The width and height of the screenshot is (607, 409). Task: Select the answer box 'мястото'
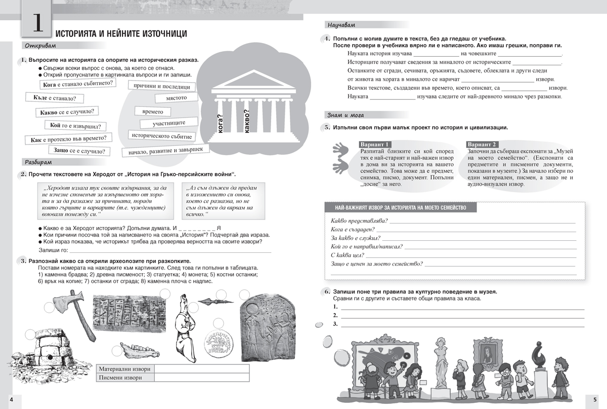pos(176,97)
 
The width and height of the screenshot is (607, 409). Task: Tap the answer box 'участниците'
pos(169,123)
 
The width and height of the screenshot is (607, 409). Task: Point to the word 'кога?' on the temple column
pos(221,123)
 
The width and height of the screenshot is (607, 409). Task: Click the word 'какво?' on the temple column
pos(247,122)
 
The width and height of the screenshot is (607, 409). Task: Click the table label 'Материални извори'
pos(125,368)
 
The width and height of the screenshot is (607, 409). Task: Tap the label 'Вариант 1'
pos(374,144)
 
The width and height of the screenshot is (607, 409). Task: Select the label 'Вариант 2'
pos(483,144)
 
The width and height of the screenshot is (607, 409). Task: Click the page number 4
pos(11,400)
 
